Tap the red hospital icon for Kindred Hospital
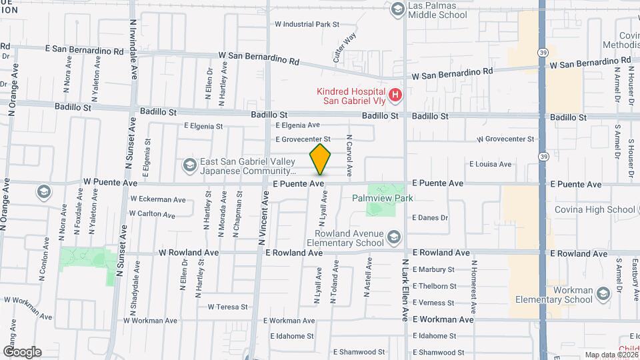coord(395,96)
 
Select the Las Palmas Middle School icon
coord(398,9)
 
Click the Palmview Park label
coord(383,198)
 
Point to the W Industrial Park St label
coord(307,24)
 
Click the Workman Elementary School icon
coord(603,293)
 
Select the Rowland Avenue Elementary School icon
coord(395,237)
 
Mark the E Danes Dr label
coord(431,217)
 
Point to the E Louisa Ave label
coord(490,164)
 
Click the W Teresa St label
coord(227,307)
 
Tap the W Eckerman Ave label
coord(158,199)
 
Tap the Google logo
coord(22,352)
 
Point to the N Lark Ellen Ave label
coord(404,289)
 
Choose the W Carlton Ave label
coord(153,215)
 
